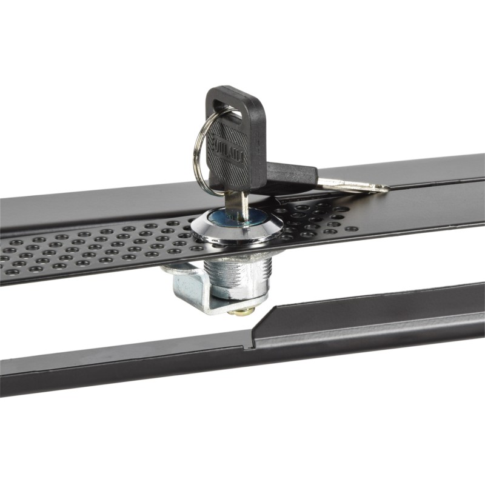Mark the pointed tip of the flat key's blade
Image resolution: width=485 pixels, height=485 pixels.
[386, 189]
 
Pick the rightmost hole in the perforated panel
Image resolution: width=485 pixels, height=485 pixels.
[352, 229]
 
